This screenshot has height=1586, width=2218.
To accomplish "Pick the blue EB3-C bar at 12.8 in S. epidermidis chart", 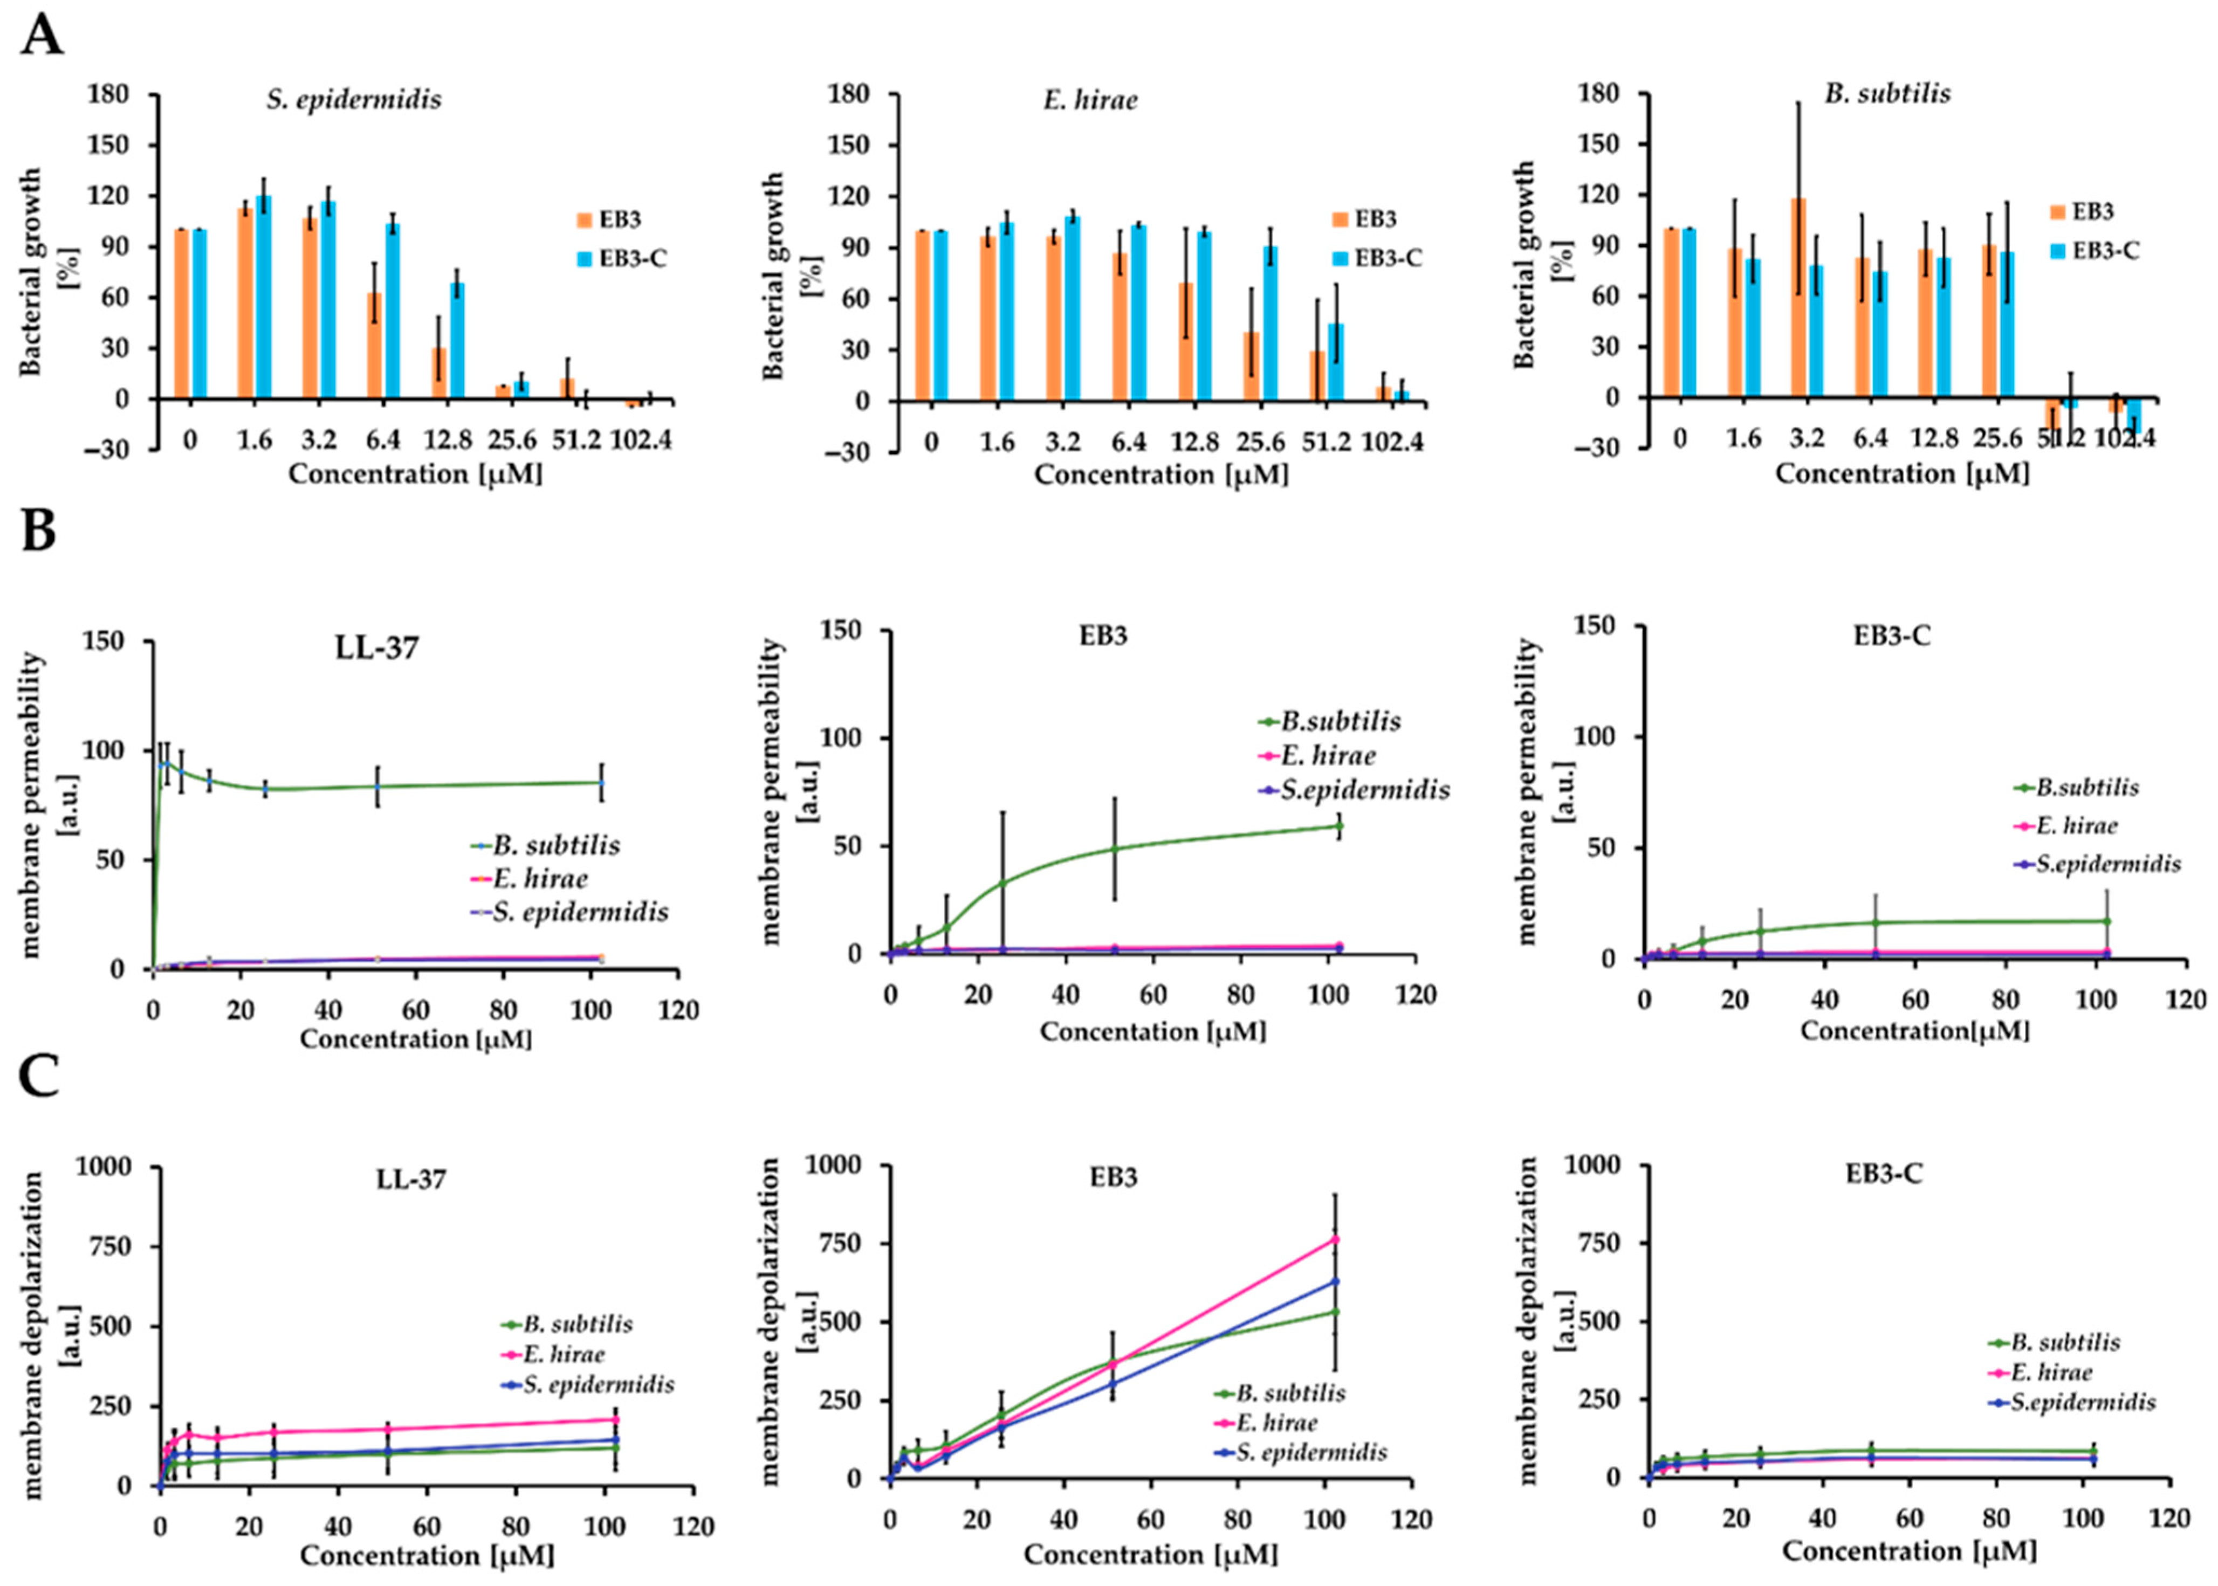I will point(457,340).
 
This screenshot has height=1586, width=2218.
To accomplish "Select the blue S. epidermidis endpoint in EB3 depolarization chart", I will point(1335,1281).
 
